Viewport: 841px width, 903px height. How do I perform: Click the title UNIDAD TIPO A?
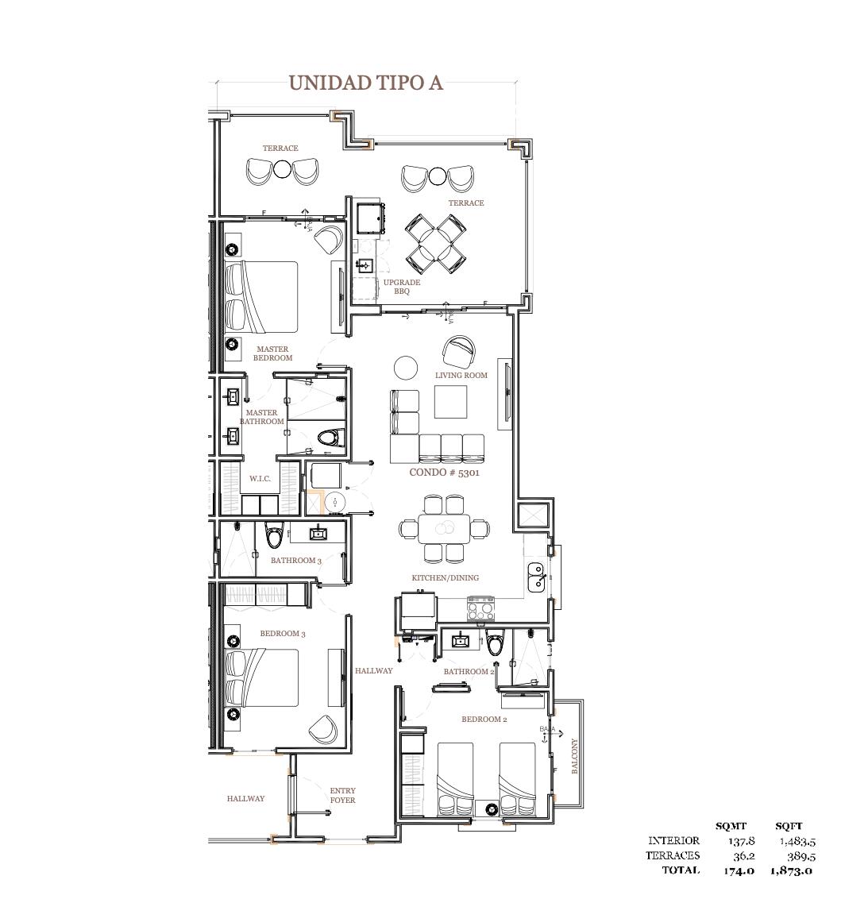(x=365, y=83)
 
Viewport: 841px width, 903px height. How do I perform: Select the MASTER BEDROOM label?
(x=272, y=353)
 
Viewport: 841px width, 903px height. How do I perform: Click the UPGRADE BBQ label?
(x=401, y=287)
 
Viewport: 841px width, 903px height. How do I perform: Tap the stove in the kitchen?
(x=480, y=610)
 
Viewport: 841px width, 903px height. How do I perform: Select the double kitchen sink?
(x=536, y=576)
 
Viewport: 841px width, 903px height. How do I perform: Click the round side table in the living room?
(x=406, y=368)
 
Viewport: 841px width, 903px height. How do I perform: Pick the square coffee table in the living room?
(x=451, y=402)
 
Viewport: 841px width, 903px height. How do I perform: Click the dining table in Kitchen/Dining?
(x=445, y=527)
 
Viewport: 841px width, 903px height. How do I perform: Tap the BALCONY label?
(x=574, y=757)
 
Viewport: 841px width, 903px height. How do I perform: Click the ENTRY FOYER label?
(x=342, y=795)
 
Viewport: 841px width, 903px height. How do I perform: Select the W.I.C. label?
(x=260, y=478)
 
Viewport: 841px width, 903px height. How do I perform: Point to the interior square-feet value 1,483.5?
(x=797, y=840)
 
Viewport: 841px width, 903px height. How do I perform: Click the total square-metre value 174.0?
(x=739, y=870)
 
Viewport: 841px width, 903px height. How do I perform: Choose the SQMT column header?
(x=731, y=826)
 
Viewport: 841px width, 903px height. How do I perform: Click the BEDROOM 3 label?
(x=283, y=633)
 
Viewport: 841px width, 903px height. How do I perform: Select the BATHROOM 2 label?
(x=469, y=671)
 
